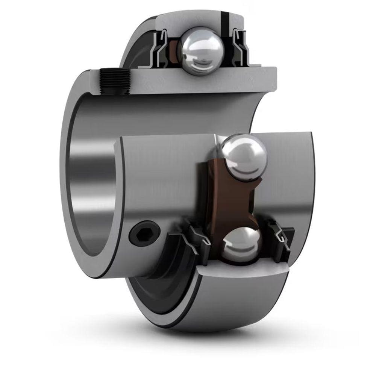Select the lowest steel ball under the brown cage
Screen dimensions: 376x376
coord(241,244)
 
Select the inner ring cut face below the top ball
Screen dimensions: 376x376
coord(211,81)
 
